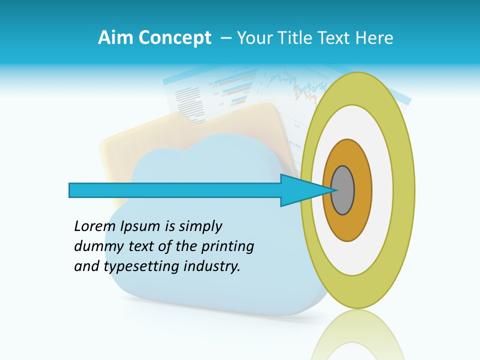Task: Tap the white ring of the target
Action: tap(382, 190)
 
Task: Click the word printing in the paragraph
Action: tap(227, 247)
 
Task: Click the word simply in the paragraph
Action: tap(200, 227)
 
